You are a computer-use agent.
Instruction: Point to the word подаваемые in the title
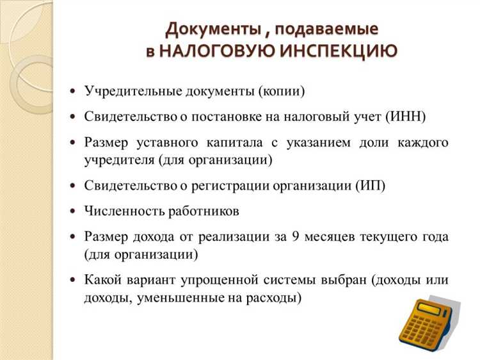[x=327, y=29]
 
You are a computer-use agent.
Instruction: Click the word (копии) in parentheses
[x=282, y=91]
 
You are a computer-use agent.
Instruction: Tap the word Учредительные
[x=131, y=91]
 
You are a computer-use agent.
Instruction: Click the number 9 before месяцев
[x=296, y=236]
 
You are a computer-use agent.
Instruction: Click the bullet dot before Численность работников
[x=72, y=211]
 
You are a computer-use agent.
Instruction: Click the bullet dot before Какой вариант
[x=72, y=281]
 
